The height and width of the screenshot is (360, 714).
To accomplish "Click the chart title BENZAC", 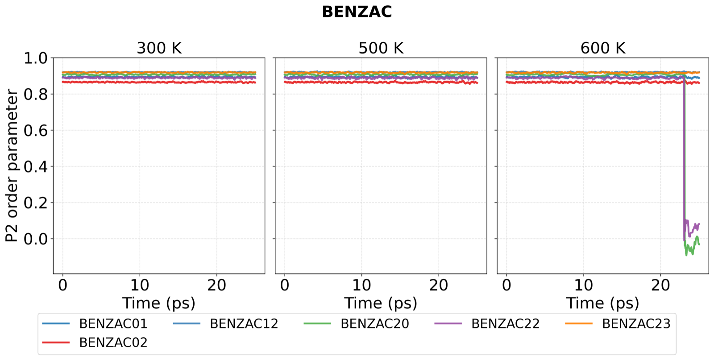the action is coord(357,12).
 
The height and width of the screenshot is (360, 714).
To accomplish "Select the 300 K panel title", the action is coord(159,49).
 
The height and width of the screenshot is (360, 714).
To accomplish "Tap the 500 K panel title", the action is coord(381,49).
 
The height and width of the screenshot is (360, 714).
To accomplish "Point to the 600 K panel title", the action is coord(603,49).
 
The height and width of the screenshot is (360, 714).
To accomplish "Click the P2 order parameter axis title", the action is coord(12,166).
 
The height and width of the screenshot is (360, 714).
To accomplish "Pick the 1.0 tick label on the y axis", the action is coord(35,58).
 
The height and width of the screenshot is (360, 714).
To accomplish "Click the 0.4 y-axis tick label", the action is coord(35,167).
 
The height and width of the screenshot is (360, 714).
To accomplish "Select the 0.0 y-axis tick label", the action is coord(35,239).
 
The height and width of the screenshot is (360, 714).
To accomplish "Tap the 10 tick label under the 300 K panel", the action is coord(140,286).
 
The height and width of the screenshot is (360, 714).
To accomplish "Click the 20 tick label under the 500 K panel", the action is coord(439,286).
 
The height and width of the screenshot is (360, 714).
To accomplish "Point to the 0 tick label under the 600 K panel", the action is coord(506,286).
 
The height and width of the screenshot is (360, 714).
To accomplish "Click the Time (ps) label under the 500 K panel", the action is coord(381,303).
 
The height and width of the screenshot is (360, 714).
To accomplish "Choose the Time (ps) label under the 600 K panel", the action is coord(603,303).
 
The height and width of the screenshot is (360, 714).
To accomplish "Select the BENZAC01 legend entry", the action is coord(95,324).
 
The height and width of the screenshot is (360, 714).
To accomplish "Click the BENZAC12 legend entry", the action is coord(225,324).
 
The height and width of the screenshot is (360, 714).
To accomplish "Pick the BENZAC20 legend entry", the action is coord(357,324).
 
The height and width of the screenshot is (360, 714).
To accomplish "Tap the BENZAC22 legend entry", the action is coord(487,324).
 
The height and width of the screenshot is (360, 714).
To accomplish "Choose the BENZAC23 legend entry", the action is coord(618,324).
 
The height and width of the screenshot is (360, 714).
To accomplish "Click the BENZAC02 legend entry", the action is coord(95,343).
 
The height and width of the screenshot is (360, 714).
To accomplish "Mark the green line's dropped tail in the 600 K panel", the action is coord(691,248).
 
